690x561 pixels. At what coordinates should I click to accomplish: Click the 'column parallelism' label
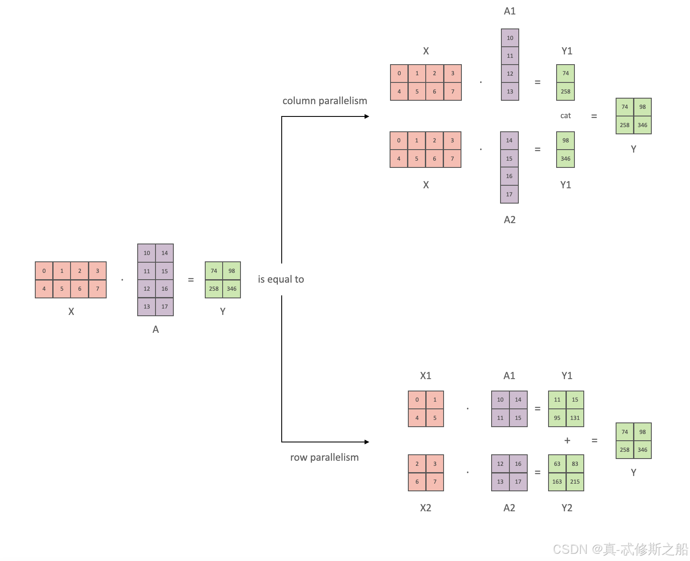pos(325,101)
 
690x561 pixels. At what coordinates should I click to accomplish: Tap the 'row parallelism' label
pos(324,457)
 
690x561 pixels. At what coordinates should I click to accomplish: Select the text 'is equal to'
pos(281,279)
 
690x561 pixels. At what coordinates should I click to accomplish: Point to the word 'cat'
pos(566,116)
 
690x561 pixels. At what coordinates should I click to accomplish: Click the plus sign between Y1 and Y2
pos(567,441)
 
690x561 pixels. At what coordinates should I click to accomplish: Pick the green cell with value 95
pos(557,418)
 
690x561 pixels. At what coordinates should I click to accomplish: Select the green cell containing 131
pos(575,418)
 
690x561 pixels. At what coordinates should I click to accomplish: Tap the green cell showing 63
pos(557,464)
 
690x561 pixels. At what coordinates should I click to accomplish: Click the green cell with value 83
pos(575,464)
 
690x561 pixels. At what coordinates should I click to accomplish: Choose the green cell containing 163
pos(557,482)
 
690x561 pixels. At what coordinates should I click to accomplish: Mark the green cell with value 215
pos(575,482)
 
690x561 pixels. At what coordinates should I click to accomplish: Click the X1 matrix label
pos(425,376)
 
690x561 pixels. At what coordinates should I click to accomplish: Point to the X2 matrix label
pos(425,508)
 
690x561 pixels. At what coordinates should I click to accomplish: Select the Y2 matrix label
pos(567,508)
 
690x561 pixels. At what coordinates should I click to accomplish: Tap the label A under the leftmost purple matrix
pos(156,329)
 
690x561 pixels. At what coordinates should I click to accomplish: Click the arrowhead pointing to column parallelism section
pos(367,116)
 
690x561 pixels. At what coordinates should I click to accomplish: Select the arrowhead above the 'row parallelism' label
pos(367,442)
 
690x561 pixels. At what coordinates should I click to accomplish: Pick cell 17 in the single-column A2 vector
pos(509,194)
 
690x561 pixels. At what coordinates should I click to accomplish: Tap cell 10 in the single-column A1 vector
pos(510,38)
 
